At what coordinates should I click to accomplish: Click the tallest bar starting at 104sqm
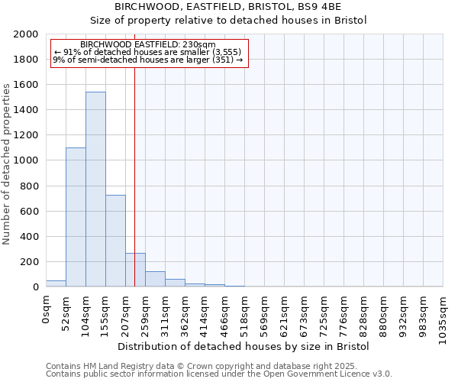95,189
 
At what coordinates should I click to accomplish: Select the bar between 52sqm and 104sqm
76,217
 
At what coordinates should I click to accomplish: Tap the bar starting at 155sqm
115,241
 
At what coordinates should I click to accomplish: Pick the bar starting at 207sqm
135,270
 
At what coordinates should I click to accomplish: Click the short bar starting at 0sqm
56,283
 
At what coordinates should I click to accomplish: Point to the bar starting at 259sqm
155,279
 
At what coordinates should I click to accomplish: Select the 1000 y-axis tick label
27,160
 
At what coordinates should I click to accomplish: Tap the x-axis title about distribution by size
244,346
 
